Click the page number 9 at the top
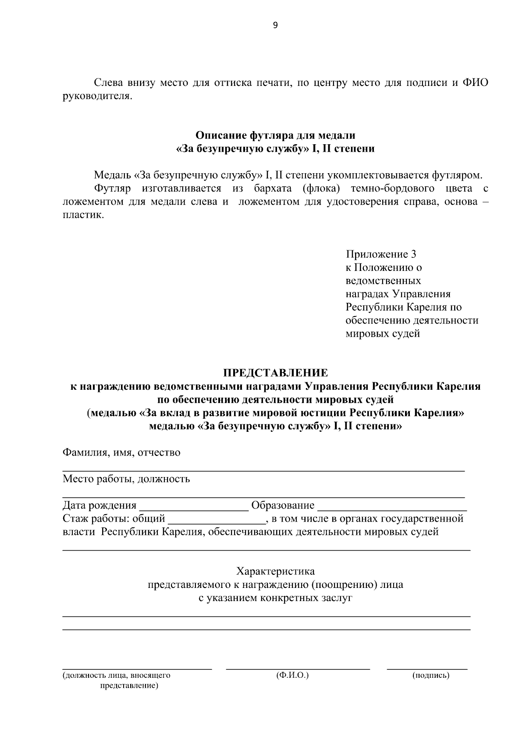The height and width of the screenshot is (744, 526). coord(275,25)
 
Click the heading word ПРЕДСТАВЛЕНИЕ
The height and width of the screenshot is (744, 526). coord(275,373)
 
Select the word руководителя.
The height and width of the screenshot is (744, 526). coord(97,96)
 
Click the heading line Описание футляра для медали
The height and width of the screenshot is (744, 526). coord(275,135)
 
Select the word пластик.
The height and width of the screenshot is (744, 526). coord(83,215)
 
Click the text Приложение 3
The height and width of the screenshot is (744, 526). coord(381,254)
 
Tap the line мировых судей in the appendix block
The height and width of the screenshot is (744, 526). coord(383,334)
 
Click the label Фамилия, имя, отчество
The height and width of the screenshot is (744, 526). coord(121,452)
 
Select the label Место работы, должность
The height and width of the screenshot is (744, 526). coord(126,479)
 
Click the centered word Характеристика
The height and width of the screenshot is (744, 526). coord(275,572)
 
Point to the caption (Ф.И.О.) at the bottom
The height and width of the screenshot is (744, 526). coord(292,676)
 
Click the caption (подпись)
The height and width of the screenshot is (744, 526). coord(430,676)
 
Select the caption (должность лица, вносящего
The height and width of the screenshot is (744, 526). coord(116,676)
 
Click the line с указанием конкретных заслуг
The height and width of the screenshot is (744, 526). coord(275,598)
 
